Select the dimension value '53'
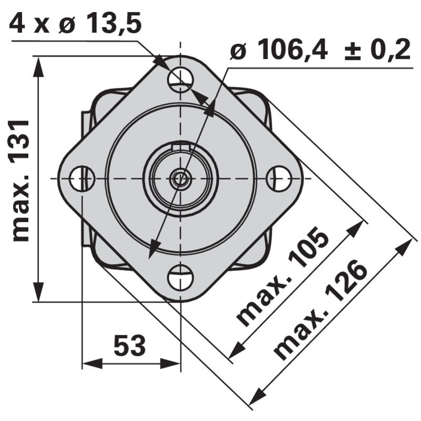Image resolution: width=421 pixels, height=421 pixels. tap(129, 346)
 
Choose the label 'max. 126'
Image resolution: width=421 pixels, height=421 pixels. tap(321, 310)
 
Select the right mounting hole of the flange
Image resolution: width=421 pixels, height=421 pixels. tap(279, 178)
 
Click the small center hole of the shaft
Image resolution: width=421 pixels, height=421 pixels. tap(181, 178)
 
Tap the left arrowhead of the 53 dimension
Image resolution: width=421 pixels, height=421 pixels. tap(89, 363)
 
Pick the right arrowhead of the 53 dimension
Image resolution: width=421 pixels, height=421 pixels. tap(173, 363)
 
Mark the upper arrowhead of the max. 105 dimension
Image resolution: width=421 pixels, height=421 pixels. tap(358, 226)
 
